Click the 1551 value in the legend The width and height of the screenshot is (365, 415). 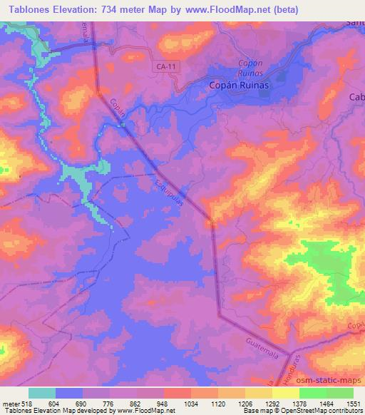351,404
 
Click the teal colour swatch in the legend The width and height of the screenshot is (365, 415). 42,393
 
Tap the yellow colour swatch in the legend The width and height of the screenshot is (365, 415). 286,393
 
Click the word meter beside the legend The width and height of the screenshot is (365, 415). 9,404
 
